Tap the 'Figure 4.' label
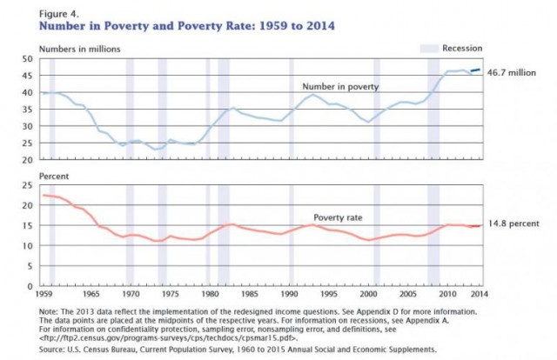click(x=59, y=14)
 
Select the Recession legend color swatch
click(x=429, y=49)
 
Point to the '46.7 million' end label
click(x=512, y=73)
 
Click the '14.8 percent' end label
click(x=513, y=223)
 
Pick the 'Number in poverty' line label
click(x=340, y=87)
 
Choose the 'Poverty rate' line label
click(x=338, y=217)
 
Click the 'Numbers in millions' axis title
click(x=79, y=49)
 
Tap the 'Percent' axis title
click(x=54, y=177)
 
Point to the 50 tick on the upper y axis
click(x=28, y=58)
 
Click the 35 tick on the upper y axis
click(x=28, y=110)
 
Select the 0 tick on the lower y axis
click(x=30, y=286)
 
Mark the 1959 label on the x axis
click(x=44, y=294)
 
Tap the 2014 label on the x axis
click(x=480, y=294)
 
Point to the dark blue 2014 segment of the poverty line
click(x=476, y=70)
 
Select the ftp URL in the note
click(x=168, y=338)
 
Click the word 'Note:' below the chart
click(x=48, y=311)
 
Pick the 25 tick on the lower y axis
click(x=28, y=185)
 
